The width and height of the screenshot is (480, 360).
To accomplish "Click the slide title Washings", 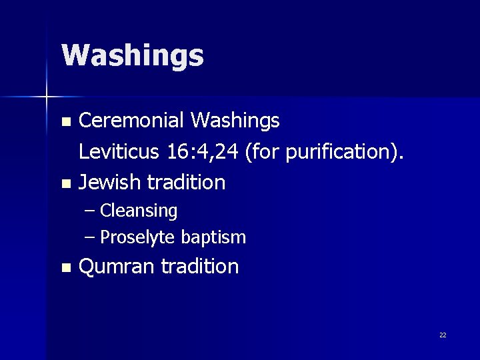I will click(132, 56).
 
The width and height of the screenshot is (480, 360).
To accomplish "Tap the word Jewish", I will click(110, 181).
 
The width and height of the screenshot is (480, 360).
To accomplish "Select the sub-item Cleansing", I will click(139, 211).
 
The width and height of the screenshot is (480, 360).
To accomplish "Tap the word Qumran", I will click(117, 267).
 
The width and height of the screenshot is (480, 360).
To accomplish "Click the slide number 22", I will click(443, 335).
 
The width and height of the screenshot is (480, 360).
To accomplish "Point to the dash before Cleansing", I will click(91, 211).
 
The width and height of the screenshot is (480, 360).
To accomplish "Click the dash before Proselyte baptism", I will click(91, 237).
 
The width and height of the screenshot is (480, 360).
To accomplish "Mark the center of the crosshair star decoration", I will click(47, 97).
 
